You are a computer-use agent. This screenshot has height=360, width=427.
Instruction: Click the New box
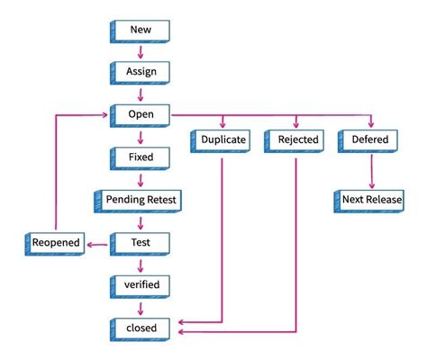pyautogui.click(x=140, y=31)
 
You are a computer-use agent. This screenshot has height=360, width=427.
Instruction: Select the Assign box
pyautogui.click(x=140, y=73)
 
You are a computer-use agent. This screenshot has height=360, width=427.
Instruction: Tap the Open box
pyautogui.click(x=140, y=116)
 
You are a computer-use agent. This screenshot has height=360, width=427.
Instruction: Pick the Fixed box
pyautogui.click(x=140, y=158)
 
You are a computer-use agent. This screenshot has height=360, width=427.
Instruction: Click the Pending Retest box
pyautogui.click(x=138, y=202)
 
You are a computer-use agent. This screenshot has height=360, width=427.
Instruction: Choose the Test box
pyautogui.click(x=140, y=244)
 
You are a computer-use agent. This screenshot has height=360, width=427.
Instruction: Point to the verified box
pyautogui.click(x=140, y=287)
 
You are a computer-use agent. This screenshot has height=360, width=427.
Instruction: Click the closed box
pyautogui.click(x=140, y=329)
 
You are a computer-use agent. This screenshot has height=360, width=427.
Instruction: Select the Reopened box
pyautogui.click(x=55, y=244)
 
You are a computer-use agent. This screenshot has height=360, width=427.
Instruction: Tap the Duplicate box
pyautogui.click(x=221, y=141)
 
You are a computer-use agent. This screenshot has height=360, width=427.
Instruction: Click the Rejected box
pyautogui.click(x=295, y=141)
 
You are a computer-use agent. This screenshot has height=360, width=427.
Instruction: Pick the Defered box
pyautogui.click(x=368, y=141)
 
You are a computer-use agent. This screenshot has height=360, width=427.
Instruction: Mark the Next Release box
pyautogui.click(x=369, y=202)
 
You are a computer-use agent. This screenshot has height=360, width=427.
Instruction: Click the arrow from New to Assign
pyautogui.click(x=141, y=52)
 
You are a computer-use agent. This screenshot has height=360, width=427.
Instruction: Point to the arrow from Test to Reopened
pyautogui.click(x=97, y=245)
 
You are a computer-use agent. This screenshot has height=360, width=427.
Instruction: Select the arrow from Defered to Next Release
pyautogui.click(x=372, y=171)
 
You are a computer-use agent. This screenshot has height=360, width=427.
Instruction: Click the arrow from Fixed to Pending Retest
pyautogui.click(x=141, y=180)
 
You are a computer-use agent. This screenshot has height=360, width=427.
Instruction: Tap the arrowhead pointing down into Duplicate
pyautogui.click(x=223, y=124)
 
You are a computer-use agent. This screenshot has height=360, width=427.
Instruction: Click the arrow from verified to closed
pyautogui.click(x=141, y=309)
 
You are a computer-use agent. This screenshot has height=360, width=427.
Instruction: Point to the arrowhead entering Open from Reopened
pyautogui.click(x=104, y=115)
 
